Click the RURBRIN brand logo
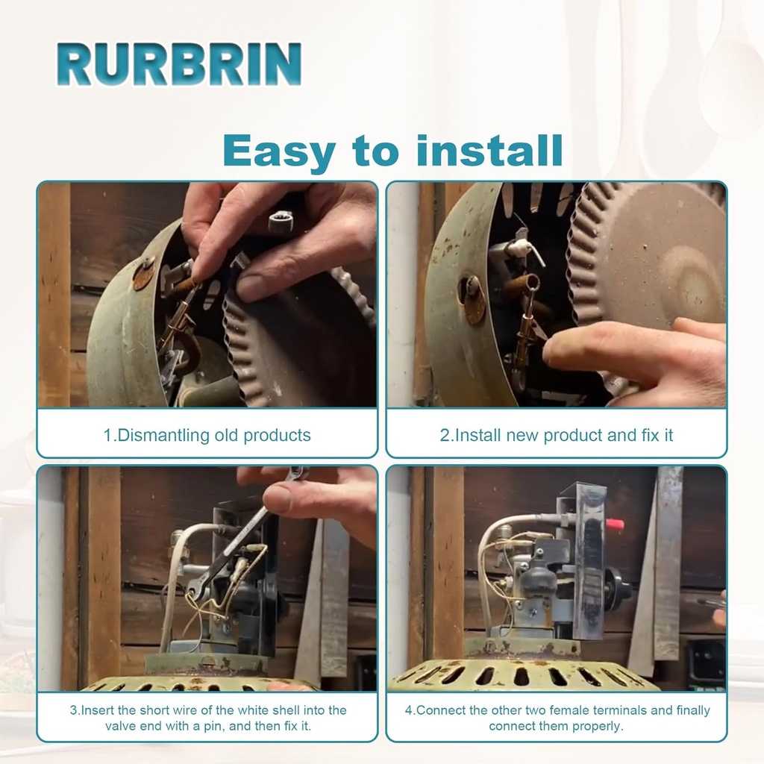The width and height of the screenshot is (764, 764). click(179, 64)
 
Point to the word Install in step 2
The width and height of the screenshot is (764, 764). click(477, 435)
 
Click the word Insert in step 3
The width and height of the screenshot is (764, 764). click(98, 710)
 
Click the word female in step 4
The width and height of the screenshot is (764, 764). click(569, 710)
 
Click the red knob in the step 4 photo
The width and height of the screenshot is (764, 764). click(615, 525)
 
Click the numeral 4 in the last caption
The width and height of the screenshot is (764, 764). click(409, 710)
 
